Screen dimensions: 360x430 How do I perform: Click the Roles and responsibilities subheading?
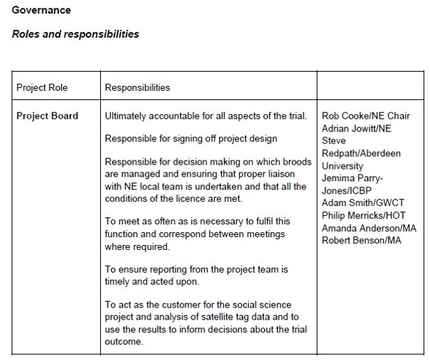[x=75, y=34]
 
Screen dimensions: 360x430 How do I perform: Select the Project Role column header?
[x=42, y=88]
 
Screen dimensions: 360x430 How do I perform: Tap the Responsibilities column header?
[x=137, y=88]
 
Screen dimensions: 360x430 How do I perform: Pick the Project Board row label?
[x=47, y=116]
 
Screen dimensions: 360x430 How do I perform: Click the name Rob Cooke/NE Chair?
[x=365, y=116]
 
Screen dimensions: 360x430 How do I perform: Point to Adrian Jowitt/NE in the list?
[x=356, y=129]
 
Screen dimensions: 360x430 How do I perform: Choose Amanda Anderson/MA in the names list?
[x=369, y=228]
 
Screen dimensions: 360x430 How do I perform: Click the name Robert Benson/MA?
[x=361, y=241]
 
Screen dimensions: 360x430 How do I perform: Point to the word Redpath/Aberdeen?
[x=361, y=153]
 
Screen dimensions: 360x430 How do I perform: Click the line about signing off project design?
[x=190, y=138]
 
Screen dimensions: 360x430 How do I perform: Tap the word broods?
[x=296, y=162]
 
